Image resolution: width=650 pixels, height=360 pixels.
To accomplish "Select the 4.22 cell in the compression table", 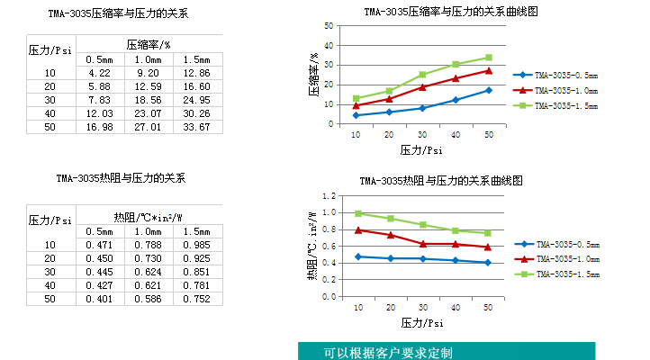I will click(x=99, y=73).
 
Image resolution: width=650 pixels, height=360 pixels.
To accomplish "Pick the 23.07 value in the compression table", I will click(x=148, y=113).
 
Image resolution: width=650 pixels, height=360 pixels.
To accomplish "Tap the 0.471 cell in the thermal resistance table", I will click(x=99, y=244).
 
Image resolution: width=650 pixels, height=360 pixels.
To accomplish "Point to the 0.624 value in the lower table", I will click(x=148, y=271).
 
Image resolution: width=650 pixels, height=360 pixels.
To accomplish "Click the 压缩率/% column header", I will click(x=148, y=44).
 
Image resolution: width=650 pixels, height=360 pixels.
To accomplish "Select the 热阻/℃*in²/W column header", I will click(x=148, y=217).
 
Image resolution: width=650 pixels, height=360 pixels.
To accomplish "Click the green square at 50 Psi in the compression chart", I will click(x=489, y=58).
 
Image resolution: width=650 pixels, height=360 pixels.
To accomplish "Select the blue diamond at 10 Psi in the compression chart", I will click(x=356, y=115).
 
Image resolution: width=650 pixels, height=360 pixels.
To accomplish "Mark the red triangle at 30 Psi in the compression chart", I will click(x=422, y=87).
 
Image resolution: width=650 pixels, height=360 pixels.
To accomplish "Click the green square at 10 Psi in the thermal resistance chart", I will click(x=357, y=213).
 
